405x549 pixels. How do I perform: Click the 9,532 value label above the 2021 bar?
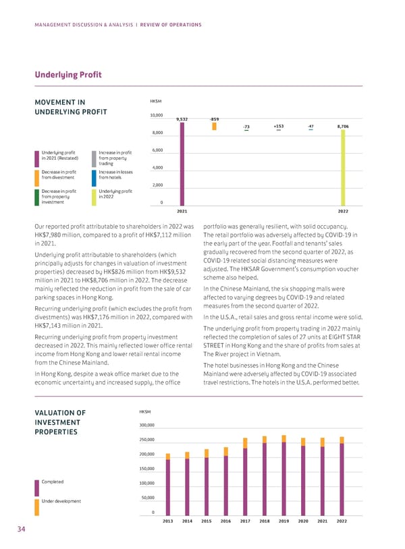[182, 119]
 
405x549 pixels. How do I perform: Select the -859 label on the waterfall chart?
[214, 119]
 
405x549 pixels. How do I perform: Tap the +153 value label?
[279, 126]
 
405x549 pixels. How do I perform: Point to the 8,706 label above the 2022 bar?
[342, 126]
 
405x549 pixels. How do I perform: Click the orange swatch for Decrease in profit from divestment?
[36, 177]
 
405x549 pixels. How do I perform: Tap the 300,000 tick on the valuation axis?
[148, 426]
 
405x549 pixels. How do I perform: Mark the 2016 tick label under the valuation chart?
[225, 521]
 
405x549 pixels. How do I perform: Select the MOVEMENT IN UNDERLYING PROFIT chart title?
[65, 107]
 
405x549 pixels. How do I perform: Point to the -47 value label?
[310, 126]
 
